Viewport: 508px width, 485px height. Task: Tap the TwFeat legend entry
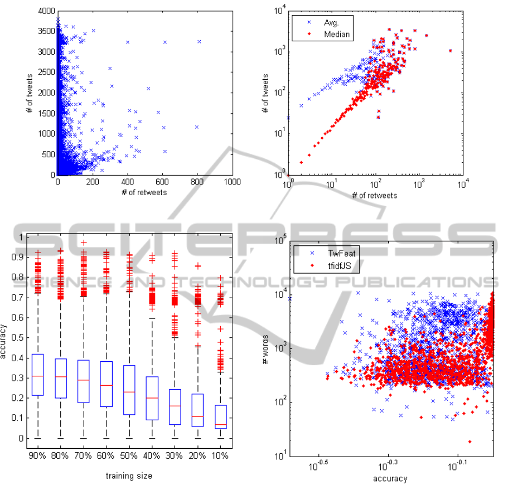(x=325, y=252)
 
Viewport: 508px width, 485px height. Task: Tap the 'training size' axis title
(x=129, y=476)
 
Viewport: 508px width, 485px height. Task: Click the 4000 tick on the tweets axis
(x=46, y=11)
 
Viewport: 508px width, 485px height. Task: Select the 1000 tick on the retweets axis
(x=233, y=182)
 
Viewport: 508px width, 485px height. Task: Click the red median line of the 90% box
(x=37, y=376)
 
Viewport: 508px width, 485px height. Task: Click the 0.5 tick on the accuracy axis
(x=17, y=338)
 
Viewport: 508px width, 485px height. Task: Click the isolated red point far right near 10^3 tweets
(x=450, y=51)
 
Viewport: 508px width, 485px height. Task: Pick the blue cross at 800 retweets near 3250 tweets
(x=199, y=42)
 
